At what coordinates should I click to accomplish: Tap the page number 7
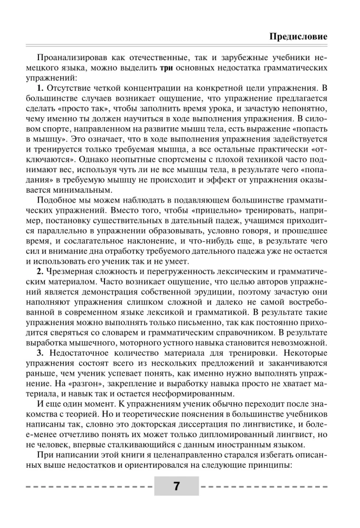coord(176,486)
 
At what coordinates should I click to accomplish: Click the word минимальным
coord(78,190)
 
